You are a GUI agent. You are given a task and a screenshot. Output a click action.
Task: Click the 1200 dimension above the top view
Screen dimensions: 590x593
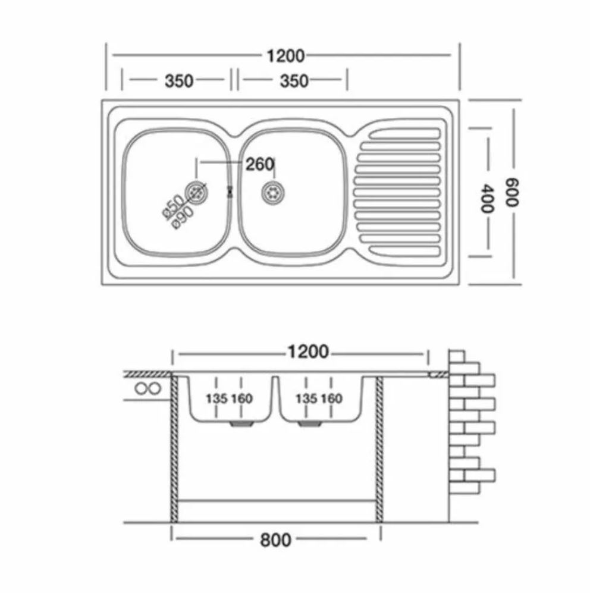tap(285, 56)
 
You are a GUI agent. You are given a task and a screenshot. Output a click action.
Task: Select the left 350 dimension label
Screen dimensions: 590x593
tap(179, 81)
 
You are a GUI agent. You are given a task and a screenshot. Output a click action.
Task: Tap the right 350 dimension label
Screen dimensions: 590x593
tap(294, 81)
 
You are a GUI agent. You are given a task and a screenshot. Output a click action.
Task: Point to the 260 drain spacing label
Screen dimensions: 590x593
tap(260, 164)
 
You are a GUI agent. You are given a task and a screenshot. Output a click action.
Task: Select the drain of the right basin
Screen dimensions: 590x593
tap(273, 193)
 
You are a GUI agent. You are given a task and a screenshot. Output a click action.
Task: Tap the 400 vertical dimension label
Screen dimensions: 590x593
tap(487, 199)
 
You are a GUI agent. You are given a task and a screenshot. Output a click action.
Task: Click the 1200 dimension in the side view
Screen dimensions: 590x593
tap(308, 352)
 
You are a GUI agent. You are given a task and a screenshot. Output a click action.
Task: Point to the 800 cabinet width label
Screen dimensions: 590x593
tap(275, 539)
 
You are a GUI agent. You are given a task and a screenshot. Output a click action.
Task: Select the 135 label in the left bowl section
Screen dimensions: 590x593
tap(216, 399)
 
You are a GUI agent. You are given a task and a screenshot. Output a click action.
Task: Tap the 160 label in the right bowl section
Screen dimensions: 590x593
tap(331, 399)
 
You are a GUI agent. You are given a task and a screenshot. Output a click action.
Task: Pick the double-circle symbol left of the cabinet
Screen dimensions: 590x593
tap(148, 388)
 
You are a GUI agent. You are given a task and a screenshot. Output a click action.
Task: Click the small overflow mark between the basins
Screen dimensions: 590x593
tap(229, 192)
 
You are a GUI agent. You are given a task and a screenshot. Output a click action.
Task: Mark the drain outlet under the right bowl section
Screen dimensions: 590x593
tap(309, 424)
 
